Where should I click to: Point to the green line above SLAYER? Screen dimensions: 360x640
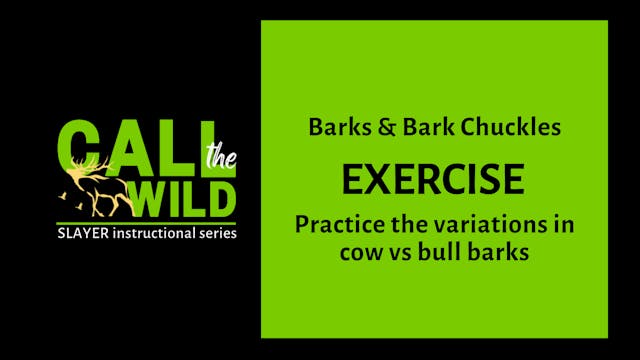[149, 222]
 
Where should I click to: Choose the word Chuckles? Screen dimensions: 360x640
[511, 128]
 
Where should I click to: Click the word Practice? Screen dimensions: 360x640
[335, 224]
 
